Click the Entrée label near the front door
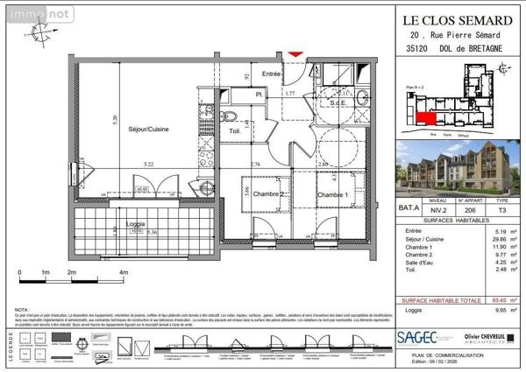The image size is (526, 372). click(x=272, y=74)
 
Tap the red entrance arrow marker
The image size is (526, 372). click(x=295, y=55)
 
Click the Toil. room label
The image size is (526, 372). click(x=235, y=132)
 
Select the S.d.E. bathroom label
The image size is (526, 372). click(x=340, y=103)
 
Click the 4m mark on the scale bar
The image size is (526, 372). click(x=124, y=272)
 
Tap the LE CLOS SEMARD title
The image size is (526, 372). click(x=446, y=19)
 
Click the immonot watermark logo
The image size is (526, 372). click(x=27, y=11)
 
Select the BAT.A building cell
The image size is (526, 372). click(x=408, y=207)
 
